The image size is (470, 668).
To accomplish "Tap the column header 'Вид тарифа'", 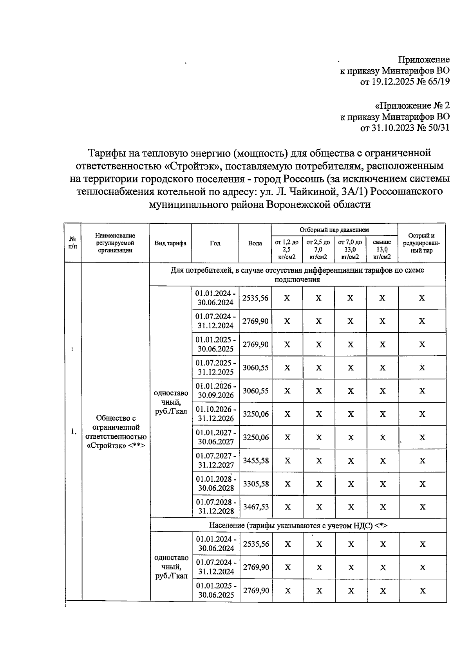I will [170, 243].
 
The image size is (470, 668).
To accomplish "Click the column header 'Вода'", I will [255, 243].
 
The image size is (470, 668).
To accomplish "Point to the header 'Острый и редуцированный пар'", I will [421, 243].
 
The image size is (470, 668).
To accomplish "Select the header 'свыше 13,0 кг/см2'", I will [382, 250].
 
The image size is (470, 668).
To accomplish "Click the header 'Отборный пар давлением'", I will [334, 230].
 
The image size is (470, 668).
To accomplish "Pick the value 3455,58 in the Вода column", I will [256, 461].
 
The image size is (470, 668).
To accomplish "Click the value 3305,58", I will [256, 484].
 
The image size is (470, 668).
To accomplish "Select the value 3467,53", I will [256, 507].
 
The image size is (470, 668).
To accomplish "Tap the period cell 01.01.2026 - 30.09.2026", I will [216, 391].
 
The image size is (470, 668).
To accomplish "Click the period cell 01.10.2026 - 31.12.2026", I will [216, 414].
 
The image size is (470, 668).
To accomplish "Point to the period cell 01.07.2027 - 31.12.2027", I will [216, 461].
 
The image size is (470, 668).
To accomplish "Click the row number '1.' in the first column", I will [73, 432].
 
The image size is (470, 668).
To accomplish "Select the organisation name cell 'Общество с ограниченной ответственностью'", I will [116, 432].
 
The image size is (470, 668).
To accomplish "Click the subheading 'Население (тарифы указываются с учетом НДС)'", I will [298, 525].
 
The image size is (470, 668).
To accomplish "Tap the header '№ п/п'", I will [72, 243].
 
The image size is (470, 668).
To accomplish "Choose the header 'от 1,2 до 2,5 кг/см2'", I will [287, 250].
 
